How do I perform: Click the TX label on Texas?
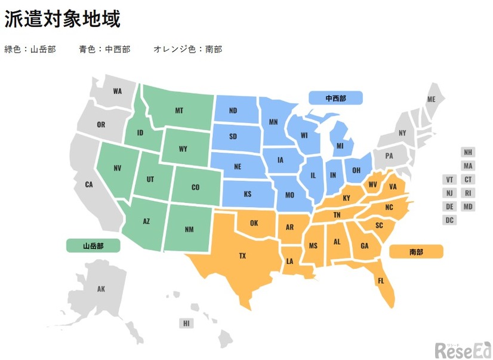tap(242, 256)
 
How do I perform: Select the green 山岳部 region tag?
tap(93, 245)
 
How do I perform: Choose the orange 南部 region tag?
tap(416, 252)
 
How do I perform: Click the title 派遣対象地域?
tap(63, 20)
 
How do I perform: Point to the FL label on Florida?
tap(381, 280)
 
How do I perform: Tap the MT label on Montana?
tap(179, 110)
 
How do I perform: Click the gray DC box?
tap(450, 220)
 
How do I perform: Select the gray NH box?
tap(468, 152)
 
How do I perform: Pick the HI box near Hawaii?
tap(186, 324)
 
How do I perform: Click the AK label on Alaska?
tap(101, 289)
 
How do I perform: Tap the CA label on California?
tap(89, 184)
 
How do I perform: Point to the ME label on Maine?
tap(432, 99)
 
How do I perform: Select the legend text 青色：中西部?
tap(104, 50)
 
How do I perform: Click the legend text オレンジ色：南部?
tap(188, 50)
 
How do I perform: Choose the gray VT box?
tap(450, 180)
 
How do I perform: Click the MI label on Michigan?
tap(340, 146)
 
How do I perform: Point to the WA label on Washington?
tap(117, 91)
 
